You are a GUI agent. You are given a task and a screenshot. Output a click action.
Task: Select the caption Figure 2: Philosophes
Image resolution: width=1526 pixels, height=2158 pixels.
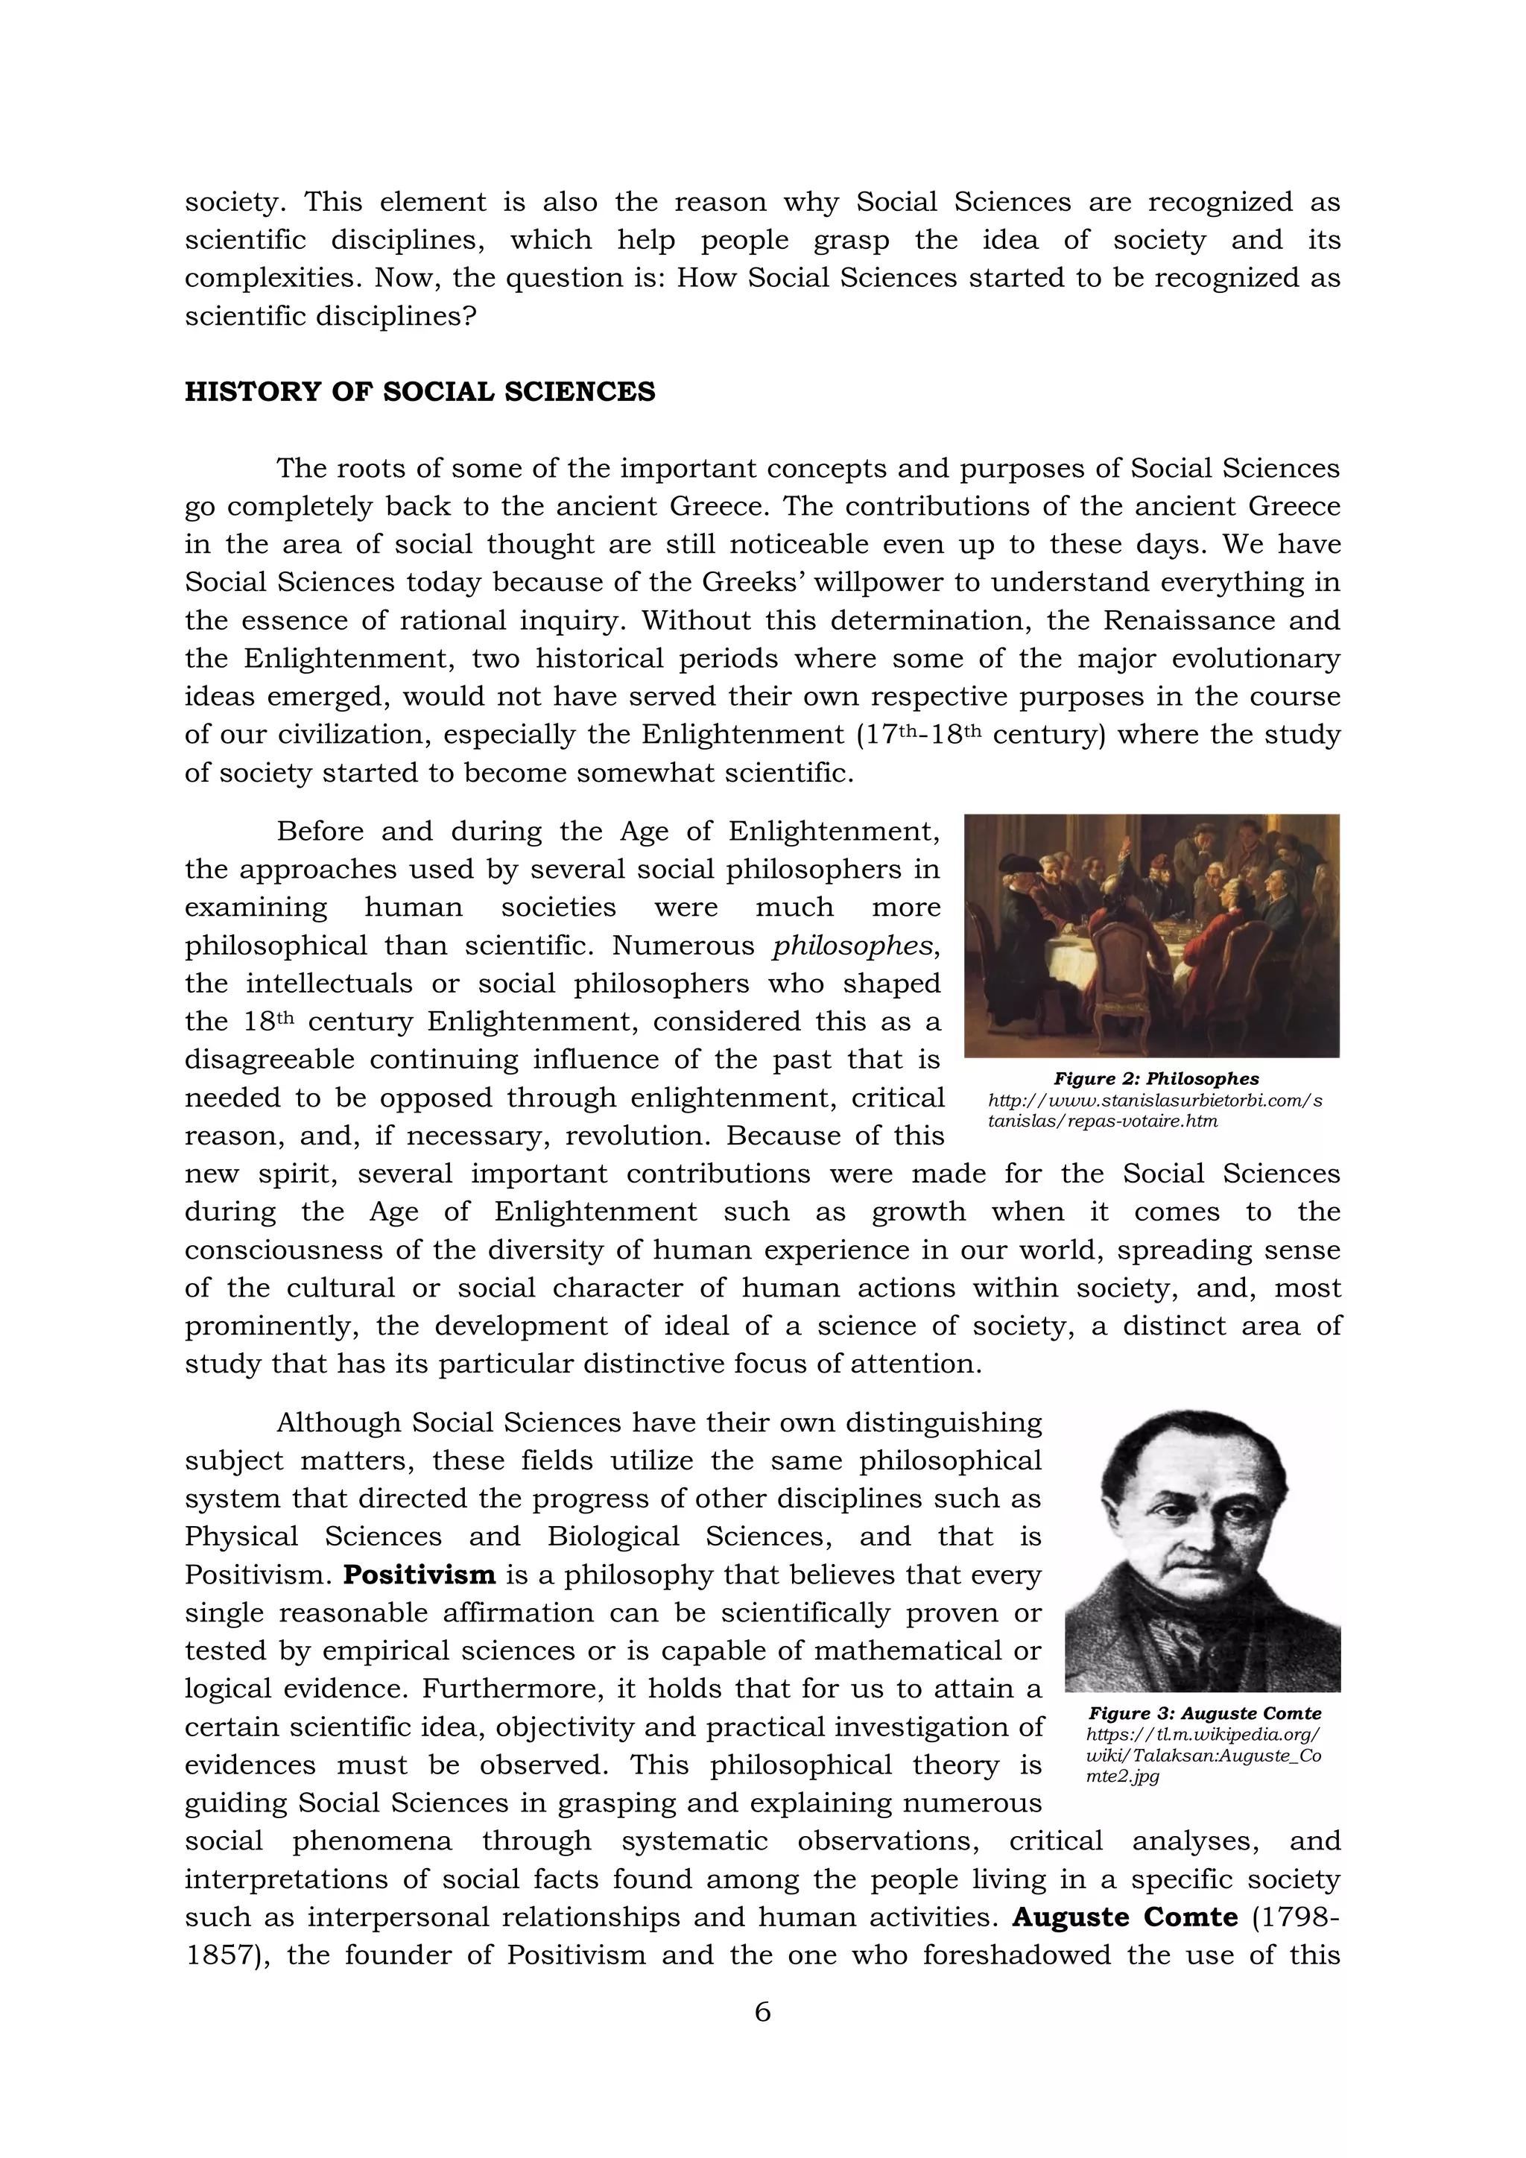point(1156,1079)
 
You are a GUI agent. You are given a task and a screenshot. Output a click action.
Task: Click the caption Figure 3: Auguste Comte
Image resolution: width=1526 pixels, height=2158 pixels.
point(1205,1713)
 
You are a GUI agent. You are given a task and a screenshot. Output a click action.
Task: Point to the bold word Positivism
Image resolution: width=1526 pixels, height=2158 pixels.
point(419,1575)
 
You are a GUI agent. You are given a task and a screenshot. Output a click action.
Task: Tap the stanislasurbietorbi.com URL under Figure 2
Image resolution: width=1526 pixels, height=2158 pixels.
point(1155,1110)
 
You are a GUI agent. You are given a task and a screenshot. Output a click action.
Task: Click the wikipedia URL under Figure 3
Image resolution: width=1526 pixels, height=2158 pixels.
point(1203,1755)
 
